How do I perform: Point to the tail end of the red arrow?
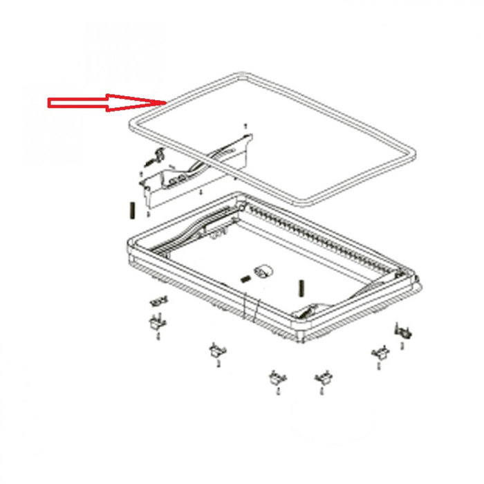(48, 104)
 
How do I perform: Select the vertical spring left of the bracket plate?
(131, 210)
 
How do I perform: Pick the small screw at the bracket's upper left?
(149, 163)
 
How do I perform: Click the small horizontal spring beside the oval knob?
(244, 279)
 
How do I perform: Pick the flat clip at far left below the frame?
(158, 301)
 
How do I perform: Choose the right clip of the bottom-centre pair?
(321, 378)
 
